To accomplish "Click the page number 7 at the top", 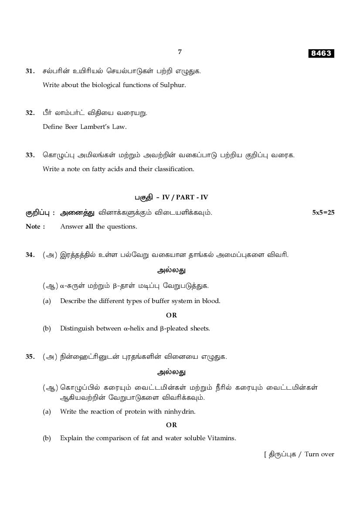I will pyautogui.click(x=180, y=52).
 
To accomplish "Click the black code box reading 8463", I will pyautogui.click(x=321, y=53).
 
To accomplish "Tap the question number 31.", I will pyautogui.click(x=30, y=71).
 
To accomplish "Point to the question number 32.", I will pyautogui.click(x=30, y=113).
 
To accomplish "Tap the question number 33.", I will pyautogui.click(x=30, y=155).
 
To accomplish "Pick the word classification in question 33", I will pyautogui.click(x=173, y=169).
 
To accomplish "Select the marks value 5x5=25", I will pyautogui.click(x=323, y=212).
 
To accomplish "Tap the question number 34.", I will pyautogui.click(x=30, y=255).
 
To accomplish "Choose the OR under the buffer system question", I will pyautogui.click(x=171, y=315).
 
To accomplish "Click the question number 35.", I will pyautogui.click(x=30, y=357).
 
